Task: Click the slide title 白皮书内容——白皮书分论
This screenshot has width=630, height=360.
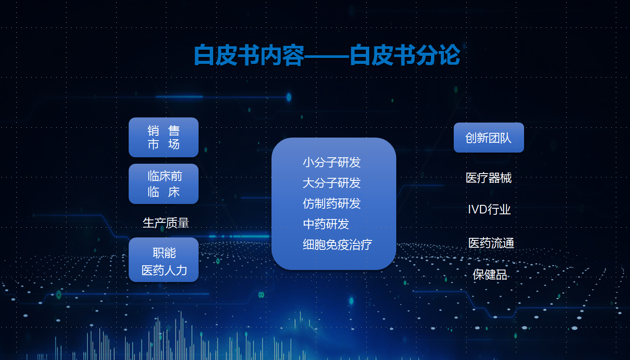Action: [x=327, y=55]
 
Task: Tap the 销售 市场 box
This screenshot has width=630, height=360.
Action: [x=163, y=138]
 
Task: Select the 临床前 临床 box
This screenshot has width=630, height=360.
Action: [x=163, y=184]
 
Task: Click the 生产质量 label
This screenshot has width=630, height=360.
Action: [x=166, y=223]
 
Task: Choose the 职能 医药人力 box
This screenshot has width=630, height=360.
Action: [x=163, y=260]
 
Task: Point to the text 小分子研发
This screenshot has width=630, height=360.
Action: [x=332, y=162]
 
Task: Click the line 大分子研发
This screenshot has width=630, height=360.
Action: [x=332, y=183]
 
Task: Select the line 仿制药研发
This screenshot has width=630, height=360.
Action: [x=332, y=204]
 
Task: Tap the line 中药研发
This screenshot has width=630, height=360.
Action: [x=326, y=224]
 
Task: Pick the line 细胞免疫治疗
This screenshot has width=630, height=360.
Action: [x=337, y=244]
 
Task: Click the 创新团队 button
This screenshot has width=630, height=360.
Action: [x=489, y=138]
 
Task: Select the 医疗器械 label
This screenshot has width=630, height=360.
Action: [x=488, y=178]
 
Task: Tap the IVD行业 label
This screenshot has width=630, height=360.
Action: [x=489, y=210]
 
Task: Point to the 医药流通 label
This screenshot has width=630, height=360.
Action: [x=491, y=243]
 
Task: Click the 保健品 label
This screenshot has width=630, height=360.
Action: [x=490, y=275]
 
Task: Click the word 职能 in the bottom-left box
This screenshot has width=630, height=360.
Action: [x=164, y=253]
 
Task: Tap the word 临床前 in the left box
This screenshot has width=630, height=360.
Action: [x=165, y=176]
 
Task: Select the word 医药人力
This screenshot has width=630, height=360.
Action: [x=164, y=270]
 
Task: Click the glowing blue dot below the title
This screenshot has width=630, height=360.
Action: [x=289, y=97]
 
